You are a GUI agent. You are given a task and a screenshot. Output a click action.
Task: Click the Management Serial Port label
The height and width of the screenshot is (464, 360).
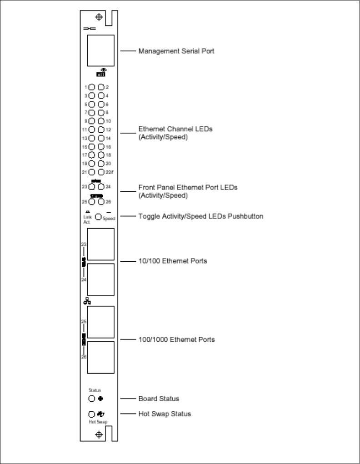click(176, 51)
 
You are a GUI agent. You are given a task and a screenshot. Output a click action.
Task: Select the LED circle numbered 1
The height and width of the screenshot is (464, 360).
click(91, 87)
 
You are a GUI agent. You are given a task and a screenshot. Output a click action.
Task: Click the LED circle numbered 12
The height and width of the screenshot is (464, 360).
click(101, 130)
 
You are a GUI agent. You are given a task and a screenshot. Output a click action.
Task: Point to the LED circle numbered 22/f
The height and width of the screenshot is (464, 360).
click(101, 172)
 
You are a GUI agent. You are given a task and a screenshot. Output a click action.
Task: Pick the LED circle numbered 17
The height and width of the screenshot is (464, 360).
click(91, 155)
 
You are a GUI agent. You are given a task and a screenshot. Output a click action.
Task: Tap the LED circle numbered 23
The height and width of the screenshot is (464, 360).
click(91, 186)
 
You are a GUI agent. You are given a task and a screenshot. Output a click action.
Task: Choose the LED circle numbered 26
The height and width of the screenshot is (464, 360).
click(101, 201)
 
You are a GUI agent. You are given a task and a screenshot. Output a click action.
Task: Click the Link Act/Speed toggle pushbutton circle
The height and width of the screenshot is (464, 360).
click(98, 217)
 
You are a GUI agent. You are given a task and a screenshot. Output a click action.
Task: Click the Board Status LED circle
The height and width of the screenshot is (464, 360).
click(91, 399)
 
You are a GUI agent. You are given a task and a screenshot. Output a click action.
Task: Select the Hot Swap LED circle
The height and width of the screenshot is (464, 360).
click(91, 414)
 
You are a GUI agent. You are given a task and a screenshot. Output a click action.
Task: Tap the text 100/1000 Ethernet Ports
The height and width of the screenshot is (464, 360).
click(177, 339)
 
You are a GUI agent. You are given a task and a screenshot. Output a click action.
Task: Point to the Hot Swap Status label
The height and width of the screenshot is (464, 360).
click(165, 414)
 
